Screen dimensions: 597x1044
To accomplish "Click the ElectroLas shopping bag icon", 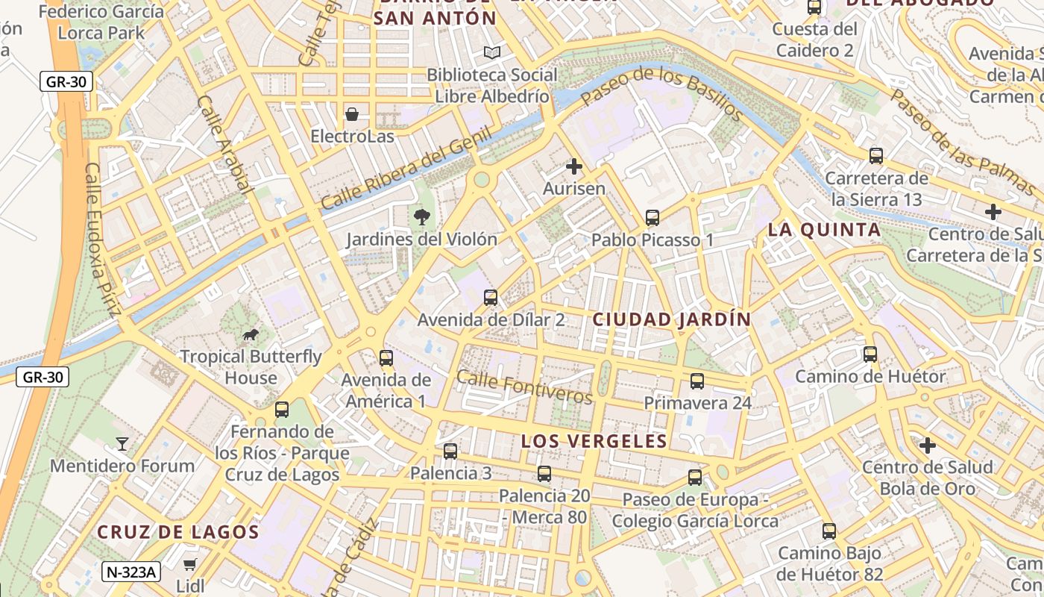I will click(352, 114).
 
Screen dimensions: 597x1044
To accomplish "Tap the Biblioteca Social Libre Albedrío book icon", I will click(491, 52).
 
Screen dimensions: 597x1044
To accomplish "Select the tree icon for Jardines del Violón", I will click(422, 217).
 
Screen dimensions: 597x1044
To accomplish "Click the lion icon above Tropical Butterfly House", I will click(251, 334).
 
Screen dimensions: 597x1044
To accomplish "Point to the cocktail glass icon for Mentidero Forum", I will click(122, 444).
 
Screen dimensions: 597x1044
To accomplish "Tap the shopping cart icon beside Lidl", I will click(191, 564).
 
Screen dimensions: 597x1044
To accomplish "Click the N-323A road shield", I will click(131, 572).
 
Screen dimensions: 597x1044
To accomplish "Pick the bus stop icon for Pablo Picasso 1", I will click(652, 218).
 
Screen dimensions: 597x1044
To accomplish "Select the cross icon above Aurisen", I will click(574, 166).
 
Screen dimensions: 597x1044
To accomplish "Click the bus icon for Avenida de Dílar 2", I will click(491, 298).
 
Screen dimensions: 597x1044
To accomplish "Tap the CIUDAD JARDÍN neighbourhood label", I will click(672, 319).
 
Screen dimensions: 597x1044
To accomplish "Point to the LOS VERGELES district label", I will click(594, 441).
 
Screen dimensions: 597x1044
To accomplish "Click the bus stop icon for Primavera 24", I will click(697, 381).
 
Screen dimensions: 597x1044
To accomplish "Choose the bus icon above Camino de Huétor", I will click(870, 354).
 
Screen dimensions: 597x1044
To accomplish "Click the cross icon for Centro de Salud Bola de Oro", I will click(928, 446).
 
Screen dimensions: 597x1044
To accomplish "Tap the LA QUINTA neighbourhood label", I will click(825, 230).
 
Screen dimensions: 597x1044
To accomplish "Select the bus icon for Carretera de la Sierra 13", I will click(876, 156).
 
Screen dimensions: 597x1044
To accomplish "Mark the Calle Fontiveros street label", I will click(524, 387).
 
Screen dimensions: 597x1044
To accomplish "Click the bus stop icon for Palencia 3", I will click(450, 451).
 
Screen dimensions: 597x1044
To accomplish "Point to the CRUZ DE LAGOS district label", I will click(178, 532).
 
